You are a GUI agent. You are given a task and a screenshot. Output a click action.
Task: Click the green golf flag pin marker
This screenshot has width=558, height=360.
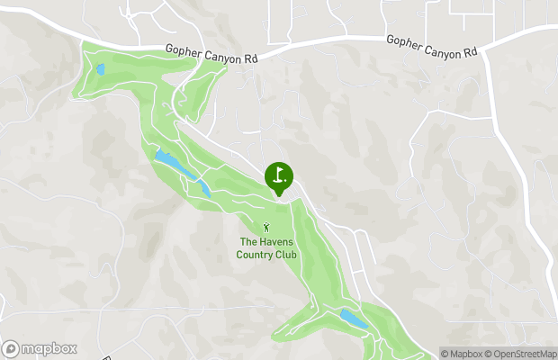279,175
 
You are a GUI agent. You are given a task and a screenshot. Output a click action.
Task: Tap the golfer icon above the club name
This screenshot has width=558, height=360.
266,229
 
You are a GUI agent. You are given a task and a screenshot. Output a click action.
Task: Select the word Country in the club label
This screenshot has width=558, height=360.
256,255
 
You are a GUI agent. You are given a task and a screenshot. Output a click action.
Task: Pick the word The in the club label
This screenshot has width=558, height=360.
248,241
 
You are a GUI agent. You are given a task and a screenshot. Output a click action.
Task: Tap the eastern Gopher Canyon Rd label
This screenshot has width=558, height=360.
431,47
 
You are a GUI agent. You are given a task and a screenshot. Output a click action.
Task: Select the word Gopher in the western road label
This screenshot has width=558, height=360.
184,52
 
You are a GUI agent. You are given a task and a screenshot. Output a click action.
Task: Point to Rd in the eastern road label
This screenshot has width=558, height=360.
469,53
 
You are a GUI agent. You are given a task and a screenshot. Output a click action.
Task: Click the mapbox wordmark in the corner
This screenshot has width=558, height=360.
49,349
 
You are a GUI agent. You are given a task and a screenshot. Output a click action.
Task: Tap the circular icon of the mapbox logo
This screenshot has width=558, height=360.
11,349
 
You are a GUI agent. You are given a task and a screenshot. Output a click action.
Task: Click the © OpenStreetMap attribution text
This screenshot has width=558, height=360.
522,353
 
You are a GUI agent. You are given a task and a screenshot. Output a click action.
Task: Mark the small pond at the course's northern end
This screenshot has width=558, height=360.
101,68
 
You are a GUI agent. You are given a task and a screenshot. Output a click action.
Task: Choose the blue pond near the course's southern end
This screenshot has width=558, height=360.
354,319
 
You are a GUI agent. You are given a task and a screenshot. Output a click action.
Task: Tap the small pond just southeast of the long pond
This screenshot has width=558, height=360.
205,188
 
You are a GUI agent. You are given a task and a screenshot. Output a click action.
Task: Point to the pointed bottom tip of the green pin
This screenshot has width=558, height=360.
279,194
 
